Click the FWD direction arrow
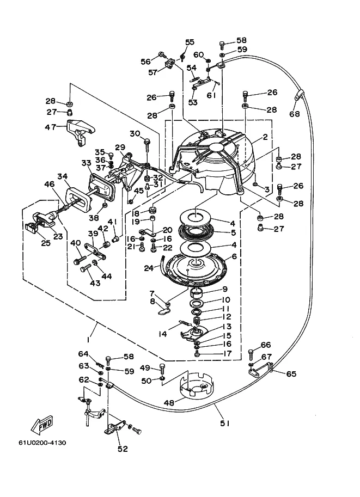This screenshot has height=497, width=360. coord(41,425)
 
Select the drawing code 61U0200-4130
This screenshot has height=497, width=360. coord(42,443)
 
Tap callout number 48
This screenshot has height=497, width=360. coord(169,403)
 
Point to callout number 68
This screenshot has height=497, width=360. coord(294,113)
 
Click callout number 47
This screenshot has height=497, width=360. coord(51,127)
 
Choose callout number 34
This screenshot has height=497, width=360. coord(63,176)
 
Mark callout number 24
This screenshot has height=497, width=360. coord(149,268)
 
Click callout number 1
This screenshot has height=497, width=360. coord(88,340)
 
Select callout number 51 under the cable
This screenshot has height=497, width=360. coord(224,423)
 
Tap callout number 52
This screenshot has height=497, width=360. coord(123,449)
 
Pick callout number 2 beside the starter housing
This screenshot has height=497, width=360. coord(265,137)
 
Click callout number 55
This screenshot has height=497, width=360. coord(190,42)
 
